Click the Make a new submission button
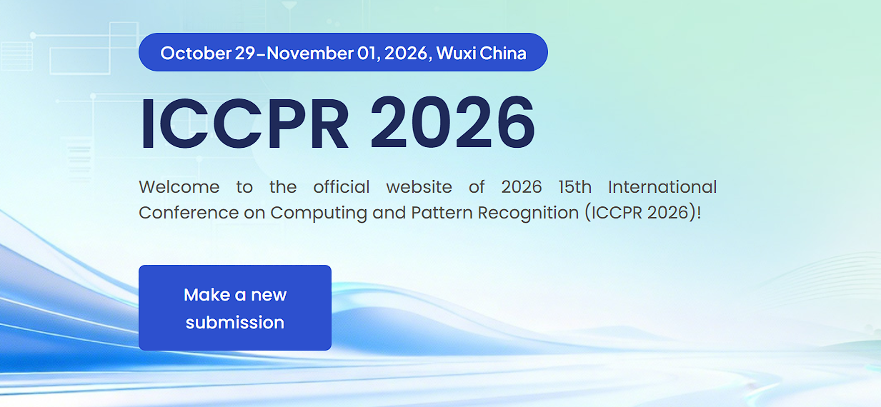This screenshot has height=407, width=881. [234, 308]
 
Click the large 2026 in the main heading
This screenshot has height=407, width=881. [452, 124]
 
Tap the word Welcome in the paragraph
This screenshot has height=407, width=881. [179, 187]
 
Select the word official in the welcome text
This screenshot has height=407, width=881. [342, 187]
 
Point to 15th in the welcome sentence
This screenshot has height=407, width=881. [574, 187]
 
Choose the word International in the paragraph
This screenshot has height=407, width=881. [662, 187]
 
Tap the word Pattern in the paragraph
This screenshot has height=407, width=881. [438, 213]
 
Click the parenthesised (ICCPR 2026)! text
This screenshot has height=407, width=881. [646, 213]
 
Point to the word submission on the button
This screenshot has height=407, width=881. [234, 323]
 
